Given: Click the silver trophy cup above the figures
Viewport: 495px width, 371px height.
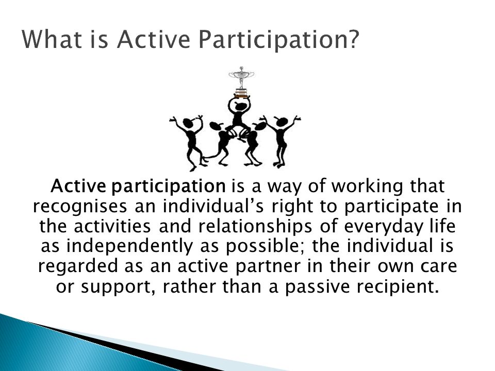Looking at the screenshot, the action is point(241,77).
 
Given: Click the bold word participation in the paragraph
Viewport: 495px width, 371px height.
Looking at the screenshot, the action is point(169,186).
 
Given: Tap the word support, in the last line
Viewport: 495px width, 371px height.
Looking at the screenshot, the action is point(119,288).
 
